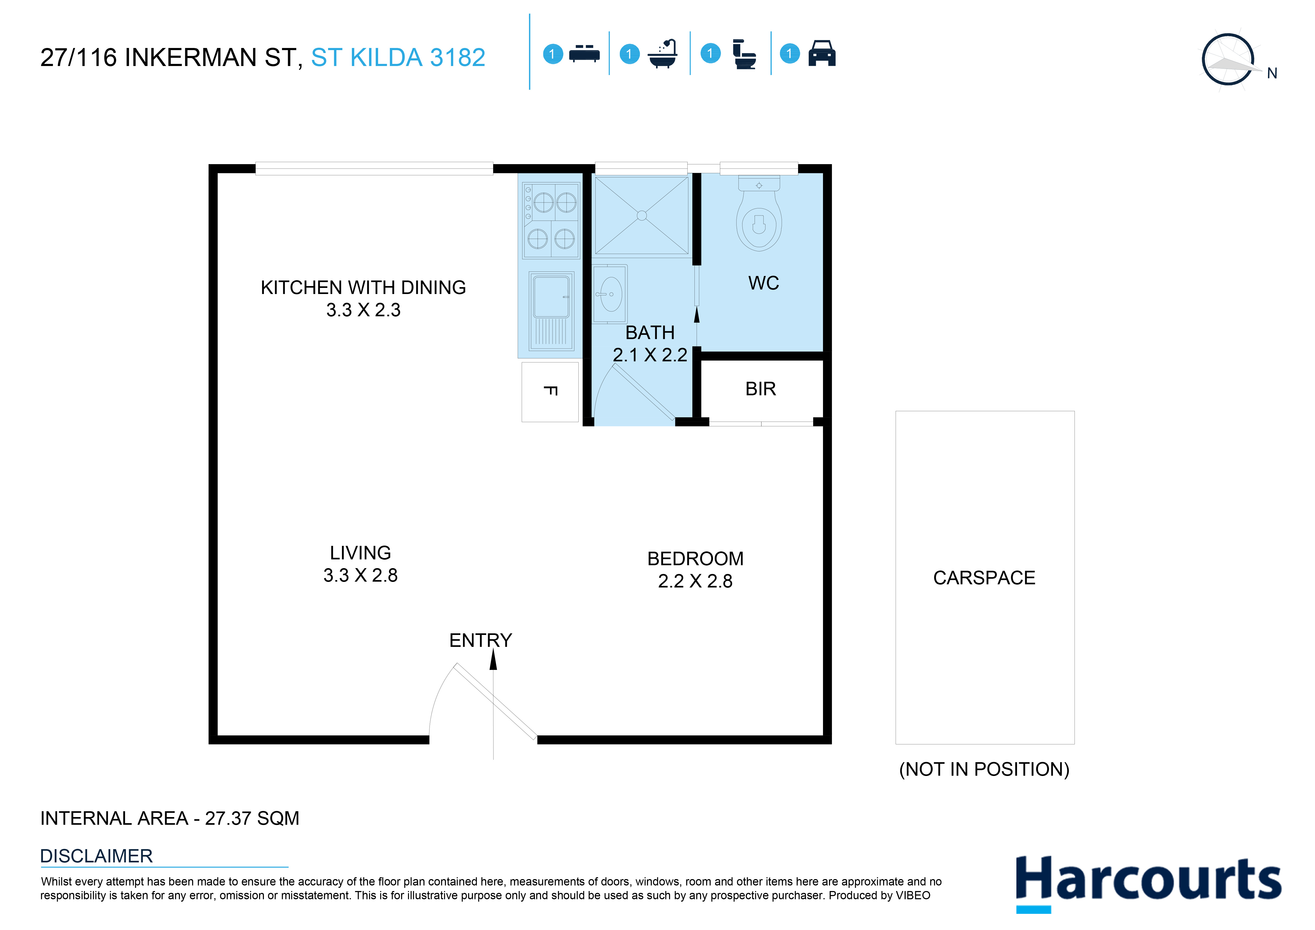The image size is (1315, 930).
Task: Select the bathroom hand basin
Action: [x=610, y=294]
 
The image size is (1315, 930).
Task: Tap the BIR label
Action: [x=761, y=389]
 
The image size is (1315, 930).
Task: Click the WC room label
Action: [x=763, y=283]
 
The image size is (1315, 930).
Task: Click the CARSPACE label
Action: [x=984, y=578]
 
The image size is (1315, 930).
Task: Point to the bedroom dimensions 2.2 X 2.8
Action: [x=695, y=581]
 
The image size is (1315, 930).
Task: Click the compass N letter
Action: [x=1272, y=73]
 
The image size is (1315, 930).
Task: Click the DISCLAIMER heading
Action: [x=96, y=856]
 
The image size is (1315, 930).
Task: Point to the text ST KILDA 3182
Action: [x=398, y=57]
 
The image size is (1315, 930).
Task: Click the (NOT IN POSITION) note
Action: [x=984, y=769]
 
